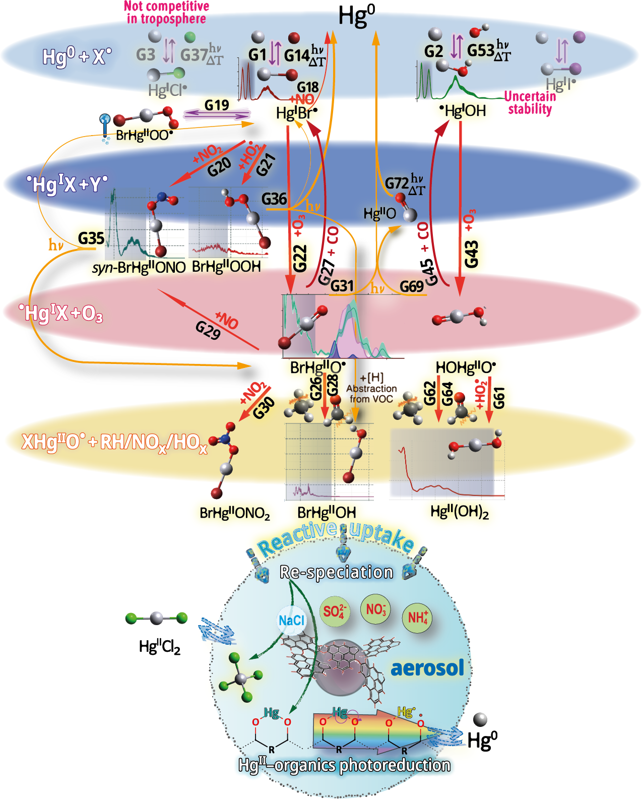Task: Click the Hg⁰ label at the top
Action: pyautogui.click(x=356, y=16)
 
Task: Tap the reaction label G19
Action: pyautogui.click(x=217, y=105)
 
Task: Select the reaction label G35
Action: pyautogui.click(x=91, y=238)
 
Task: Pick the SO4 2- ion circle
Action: pyautogui.click(x=334, y=611)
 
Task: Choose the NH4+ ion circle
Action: pyautogui.click(x=417, y=617)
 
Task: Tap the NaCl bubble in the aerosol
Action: pyautogui.click(x=292, y=620)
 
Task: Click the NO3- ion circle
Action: pyautogui.click(x=376, y=609)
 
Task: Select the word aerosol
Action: pyautogui.click(x=427, y=667)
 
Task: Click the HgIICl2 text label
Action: pyautogui.click(x=159, y=646)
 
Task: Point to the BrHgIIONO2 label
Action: pyautogui.click(x=235, y=513)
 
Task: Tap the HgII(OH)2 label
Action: pyautogui.click(x=460, y=512)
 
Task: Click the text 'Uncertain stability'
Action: pyautogui.click(x=530, y=103)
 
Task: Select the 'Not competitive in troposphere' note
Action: pyautogui.click(x=166, y=13)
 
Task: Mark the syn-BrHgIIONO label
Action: pyautogui.click(x=139, y=267)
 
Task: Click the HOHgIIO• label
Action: pyautogui.click(x=466, y=367)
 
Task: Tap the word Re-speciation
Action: pyautogui.click(x=336, y=572)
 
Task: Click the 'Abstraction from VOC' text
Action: pyautogui.click(x=371, y=393)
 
